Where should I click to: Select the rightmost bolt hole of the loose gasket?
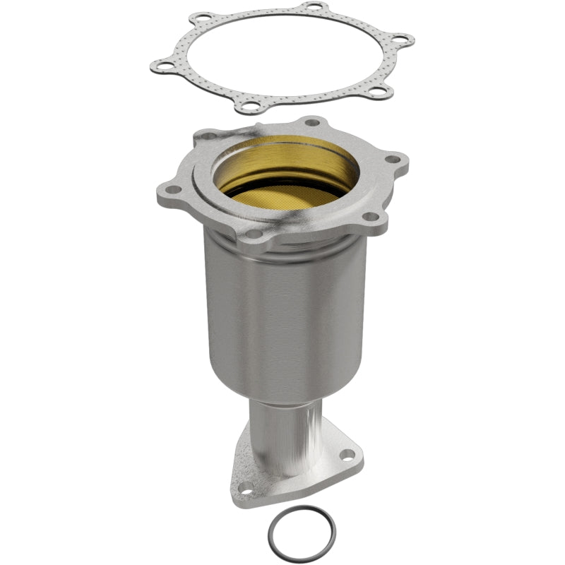click(x=400, y=40)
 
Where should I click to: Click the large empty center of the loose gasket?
click(x=282, y=60)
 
